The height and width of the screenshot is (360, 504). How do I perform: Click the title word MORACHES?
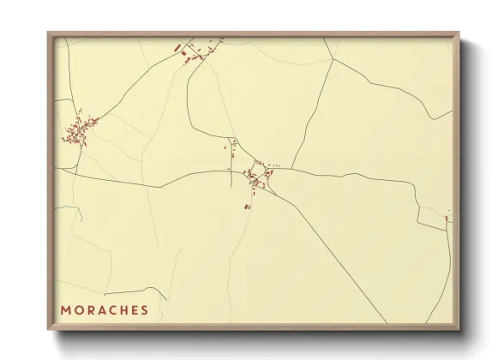[104, 309]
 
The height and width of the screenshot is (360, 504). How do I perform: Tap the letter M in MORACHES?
[65, 309]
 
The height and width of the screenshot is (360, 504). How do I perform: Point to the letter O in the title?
[78, 309]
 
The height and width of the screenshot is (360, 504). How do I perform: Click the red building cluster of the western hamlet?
[77, 132]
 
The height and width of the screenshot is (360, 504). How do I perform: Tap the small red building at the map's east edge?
[447, 219]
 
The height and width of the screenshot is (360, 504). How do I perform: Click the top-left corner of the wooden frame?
[49, 33]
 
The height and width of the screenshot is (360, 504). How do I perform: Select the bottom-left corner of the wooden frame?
[49, 328]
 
